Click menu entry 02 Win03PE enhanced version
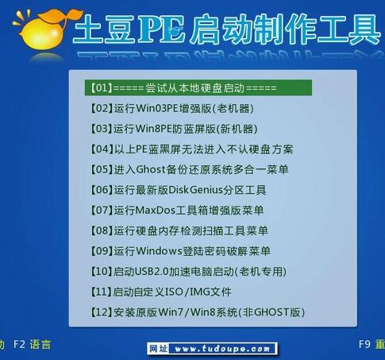[169, 108]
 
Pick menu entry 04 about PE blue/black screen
[192, 149]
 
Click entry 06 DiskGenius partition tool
[179, 190]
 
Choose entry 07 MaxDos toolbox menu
[178, 211]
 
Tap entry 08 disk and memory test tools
[179, 230]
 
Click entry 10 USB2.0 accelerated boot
[187, 272]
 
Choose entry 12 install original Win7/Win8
[198, 312]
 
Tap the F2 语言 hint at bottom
[33, 345]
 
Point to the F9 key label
[364, 345]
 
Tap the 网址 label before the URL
[158, 348]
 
